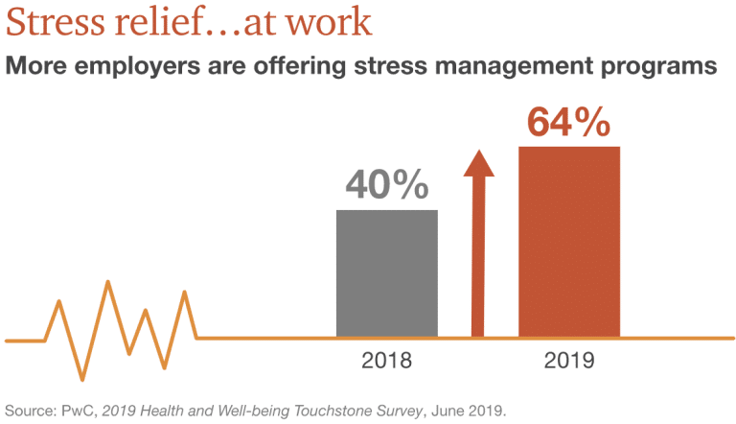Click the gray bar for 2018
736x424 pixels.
tap(387, 273)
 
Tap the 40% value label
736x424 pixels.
tap(387, 185)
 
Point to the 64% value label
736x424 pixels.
tap(569, 123)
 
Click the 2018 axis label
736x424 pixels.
tap(387, 362)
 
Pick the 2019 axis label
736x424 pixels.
tap(569, 362)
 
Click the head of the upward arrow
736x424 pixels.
tap(478, 163)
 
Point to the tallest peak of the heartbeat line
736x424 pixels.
tap(107, 282)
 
